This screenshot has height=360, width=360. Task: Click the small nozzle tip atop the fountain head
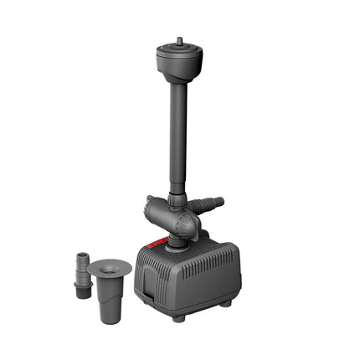pyautogui.click(x=178, y=40)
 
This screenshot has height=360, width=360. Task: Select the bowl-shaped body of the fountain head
pyautogui.click(x=178, y=64)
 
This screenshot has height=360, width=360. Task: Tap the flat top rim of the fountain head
pyautogui.click(x=178, y=49)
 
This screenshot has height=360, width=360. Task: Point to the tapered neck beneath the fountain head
pyautogui.click(x=177, y=80)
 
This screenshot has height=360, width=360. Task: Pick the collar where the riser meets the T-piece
pyautogui.click(x=177, y=200)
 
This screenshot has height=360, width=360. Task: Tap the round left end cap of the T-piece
pyautogui.click(x=149, y=206)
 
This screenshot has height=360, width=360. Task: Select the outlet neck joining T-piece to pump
pyautogui.click(x=177, y=241)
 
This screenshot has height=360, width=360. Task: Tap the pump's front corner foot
pyautogui.click(x=178, y=316)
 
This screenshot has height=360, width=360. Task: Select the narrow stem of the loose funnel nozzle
pyautogui.click(x=109, y=293)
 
